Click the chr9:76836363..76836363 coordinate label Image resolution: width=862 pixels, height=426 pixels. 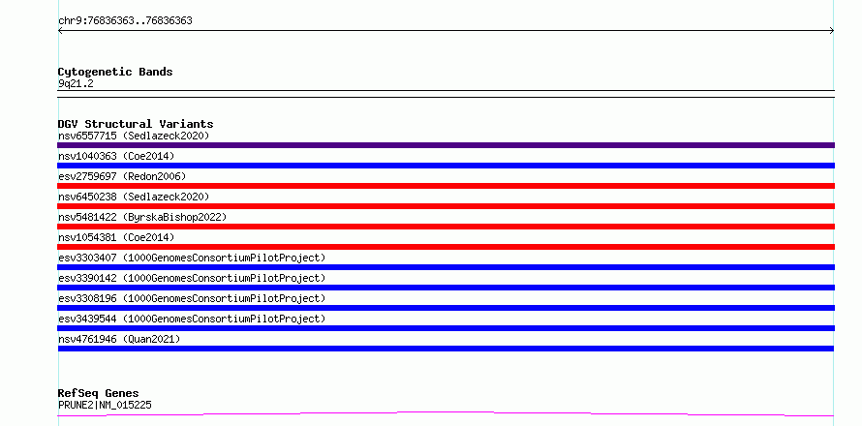pos(125,21)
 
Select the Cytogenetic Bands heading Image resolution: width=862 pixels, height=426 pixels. pos(115,72)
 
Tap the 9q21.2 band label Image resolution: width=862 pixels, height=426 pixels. pos(76,83)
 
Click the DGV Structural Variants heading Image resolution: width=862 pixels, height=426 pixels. pos(136,124)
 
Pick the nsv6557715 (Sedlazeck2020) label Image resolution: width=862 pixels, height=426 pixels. pos(134,136)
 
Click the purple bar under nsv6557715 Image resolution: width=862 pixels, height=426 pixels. pos(446,145)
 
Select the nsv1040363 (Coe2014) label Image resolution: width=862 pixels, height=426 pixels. pos(116,156)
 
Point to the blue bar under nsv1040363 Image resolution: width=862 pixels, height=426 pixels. pos(446,166)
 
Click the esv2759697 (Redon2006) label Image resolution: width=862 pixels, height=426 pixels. pos(122,176)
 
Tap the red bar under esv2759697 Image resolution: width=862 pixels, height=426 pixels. pos(446,186)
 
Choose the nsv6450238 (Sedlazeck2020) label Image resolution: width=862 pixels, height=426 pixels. pos(134,197)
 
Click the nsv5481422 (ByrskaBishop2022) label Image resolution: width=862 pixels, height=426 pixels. pos(142,217)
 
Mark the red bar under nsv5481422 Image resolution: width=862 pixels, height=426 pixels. pos(446,227)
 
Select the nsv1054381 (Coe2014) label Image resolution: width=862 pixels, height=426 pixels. pos(116,237)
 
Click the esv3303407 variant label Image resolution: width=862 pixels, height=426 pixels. pos(192,258)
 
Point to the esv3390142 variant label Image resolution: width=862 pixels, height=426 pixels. pos(192,278)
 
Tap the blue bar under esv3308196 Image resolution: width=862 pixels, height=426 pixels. pos(446,308)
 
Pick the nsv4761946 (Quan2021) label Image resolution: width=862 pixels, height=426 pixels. pos(119,339)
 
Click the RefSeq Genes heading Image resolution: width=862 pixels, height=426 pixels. pos(99,393)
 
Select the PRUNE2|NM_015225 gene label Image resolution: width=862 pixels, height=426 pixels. pos(105,405)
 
